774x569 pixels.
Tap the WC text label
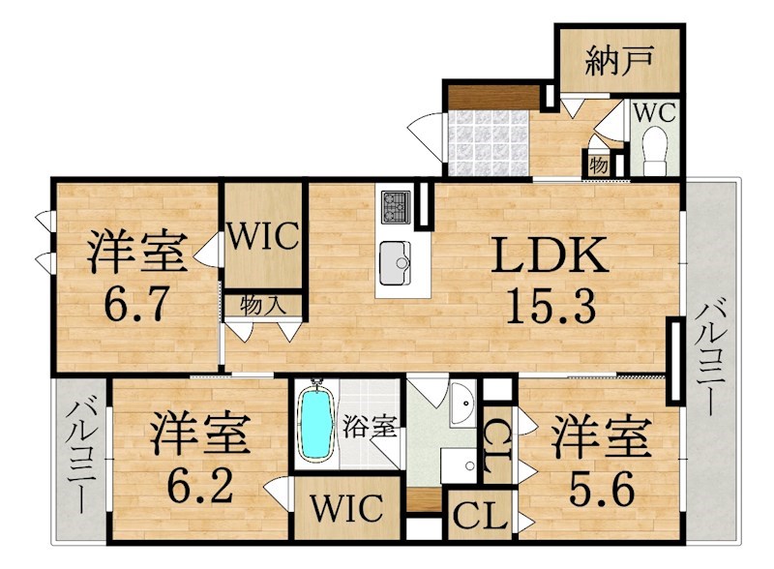(655, 112)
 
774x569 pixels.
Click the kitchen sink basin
(396, 261)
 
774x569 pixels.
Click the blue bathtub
(314, 426)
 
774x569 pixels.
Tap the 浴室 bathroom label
(372, 428)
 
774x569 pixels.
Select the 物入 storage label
(262, 305)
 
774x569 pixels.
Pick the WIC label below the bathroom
(346, 507)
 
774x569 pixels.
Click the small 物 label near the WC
(599, 165)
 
